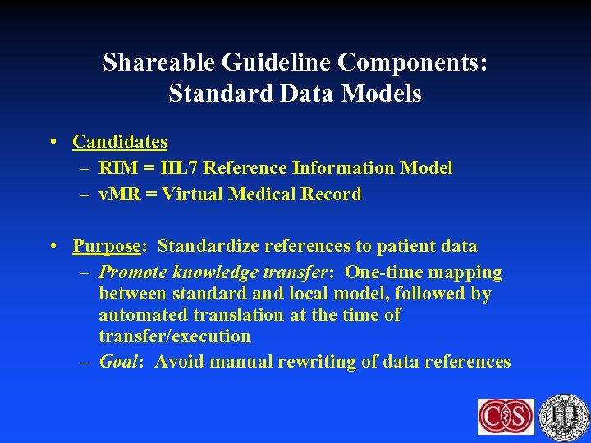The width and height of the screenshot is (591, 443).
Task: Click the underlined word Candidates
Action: click(x=120, y=142)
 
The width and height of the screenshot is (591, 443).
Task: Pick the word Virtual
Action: click(x=196, y=194)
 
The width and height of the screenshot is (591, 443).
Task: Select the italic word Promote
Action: click(x=128, y=272)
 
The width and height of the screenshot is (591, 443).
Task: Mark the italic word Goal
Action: click(x=118, y=362)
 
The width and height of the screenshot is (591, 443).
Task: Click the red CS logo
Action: click(x=506, y=417)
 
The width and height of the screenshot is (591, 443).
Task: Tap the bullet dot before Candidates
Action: click(x=52, y=142)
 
